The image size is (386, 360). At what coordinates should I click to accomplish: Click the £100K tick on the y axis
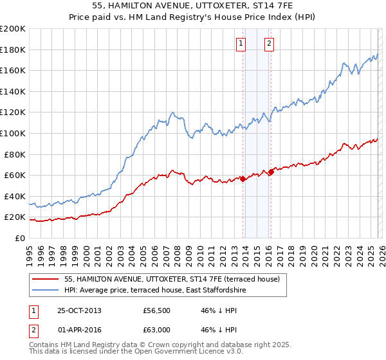[x=12, y=133]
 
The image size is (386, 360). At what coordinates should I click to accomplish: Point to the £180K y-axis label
[x=12, y=50]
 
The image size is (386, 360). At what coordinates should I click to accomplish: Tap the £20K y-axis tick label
[x=14, y=217]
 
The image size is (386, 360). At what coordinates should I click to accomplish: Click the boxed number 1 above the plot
[x=241, y=44]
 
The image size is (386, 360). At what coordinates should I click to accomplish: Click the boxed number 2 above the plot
[x=268, y=44]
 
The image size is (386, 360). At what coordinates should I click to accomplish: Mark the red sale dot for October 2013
[x=243, y=179]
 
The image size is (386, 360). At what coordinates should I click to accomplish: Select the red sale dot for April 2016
[x=270, y=172]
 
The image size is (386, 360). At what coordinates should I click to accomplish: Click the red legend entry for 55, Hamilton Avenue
[x=172, y=280]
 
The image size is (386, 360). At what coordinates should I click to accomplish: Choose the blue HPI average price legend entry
[x=155, y=291]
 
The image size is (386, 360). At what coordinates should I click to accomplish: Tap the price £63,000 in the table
[x=156, y=329]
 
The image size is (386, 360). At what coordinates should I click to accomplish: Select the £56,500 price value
[x=156, y=310]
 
